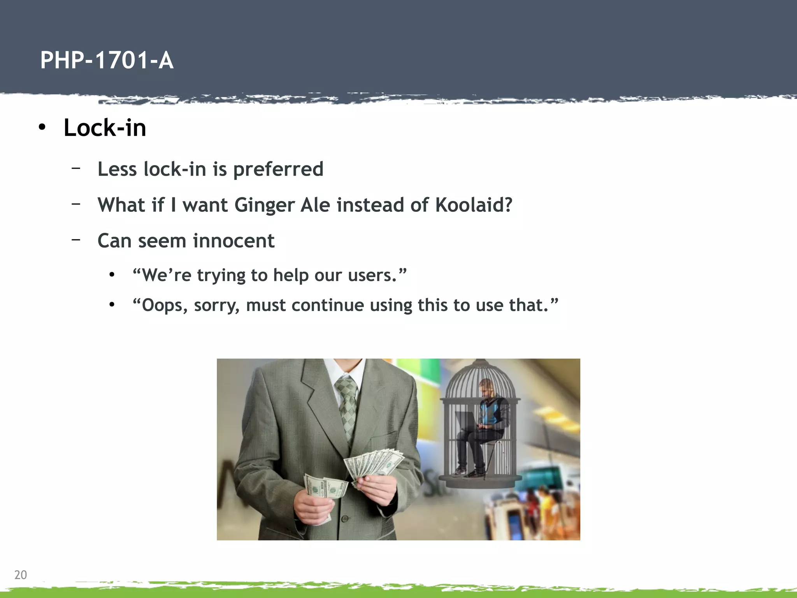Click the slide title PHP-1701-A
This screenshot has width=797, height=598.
coord(107,61)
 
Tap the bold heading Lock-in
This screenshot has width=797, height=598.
coord(105,128)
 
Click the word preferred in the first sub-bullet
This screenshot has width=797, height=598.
coord(278,169)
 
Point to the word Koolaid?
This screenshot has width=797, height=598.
coord(474,205)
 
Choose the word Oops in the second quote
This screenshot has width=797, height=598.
coord(161,305)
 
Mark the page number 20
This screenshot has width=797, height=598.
coord(21,575)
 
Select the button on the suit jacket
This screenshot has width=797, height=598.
coord(344,519)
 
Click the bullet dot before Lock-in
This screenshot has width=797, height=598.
coord(42,128)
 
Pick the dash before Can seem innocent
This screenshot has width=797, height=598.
coord(76,240)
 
